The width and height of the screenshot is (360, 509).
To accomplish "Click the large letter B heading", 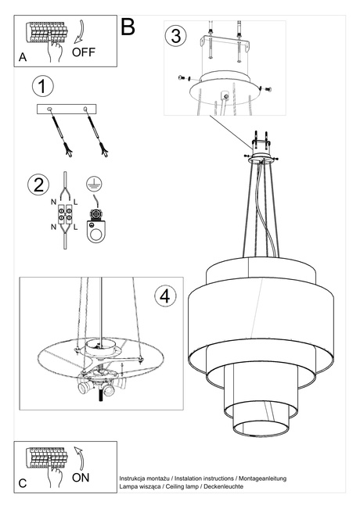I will [128, 26].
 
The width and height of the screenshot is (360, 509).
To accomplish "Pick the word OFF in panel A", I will [84, 53].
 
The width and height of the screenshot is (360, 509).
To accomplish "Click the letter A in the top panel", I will [23, 59].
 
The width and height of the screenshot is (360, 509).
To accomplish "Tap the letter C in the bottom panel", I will [23, 484].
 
